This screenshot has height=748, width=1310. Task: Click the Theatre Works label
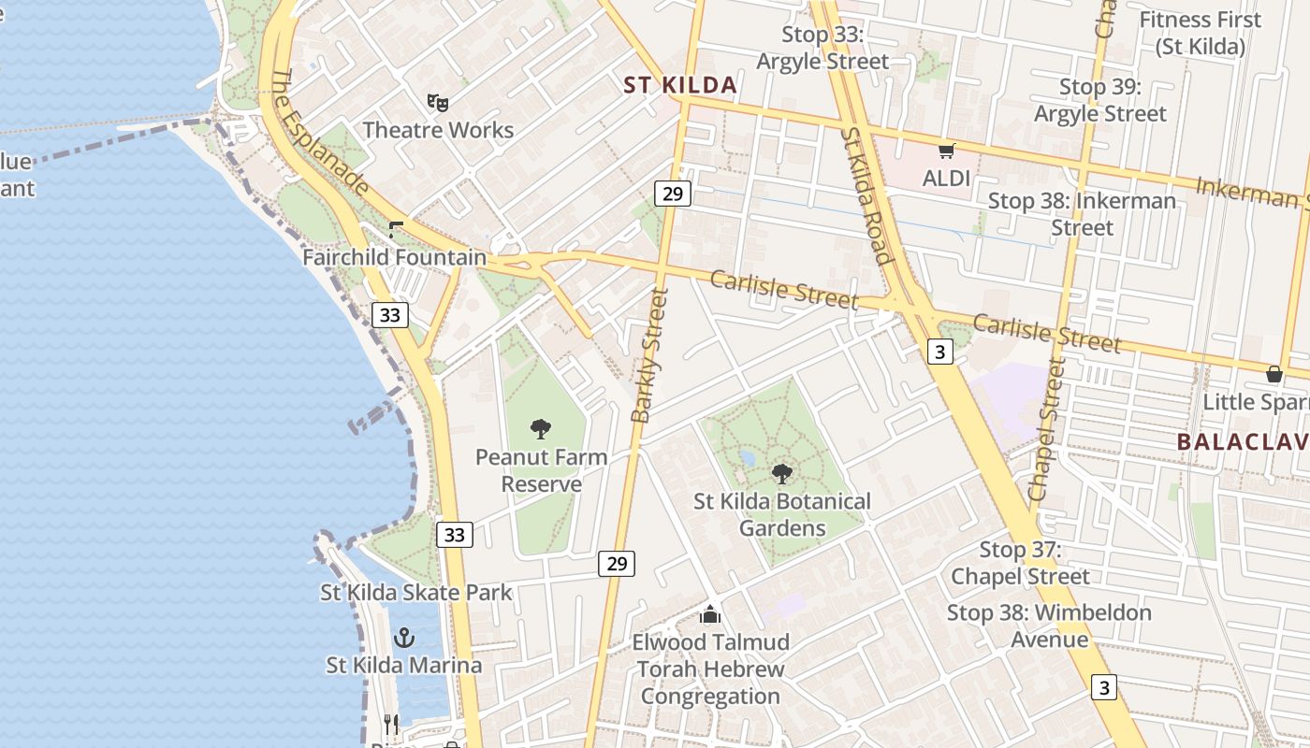tap(438, 130)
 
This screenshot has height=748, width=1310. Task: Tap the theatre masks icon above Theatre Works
tap(437, 101)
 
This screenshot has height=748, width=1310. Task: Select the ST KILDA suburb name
tap(680, 85)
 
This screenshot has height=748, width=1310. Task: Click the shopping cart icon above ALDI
tap(946, 150)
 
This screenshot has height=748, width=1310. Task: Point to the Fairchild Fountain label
tap(395, 257)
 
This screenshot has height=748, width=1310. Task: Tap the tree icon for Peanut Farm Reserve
tap(541, 429)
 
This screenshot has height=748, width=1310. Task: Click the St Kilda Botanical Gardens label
tap(782, 514)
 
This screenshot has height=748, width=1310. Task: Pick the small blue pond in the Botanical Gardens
tap(747, 458)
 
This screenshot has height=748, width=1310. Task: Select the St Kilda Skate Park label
tap(416, 592)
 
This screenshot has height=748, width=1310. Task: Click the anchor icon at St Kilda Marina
tap(404, 638)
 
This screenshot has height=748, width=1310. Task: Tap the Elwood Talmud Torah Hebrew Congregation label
tap(711, 669)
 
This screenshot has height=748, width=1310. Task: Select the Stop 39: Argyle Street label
tap(1100, 100)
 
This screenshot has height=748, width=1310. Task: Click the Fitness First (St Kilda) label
tap(1201, 33)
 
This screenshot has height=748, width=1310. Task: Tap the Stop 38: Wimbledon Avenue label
tap(1049, 626)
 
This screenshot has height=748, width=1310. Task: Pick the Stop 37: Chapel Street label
tap(1020, 563)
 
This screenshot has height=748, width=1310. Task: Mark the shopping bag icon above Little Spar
tap(1274, 374)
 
